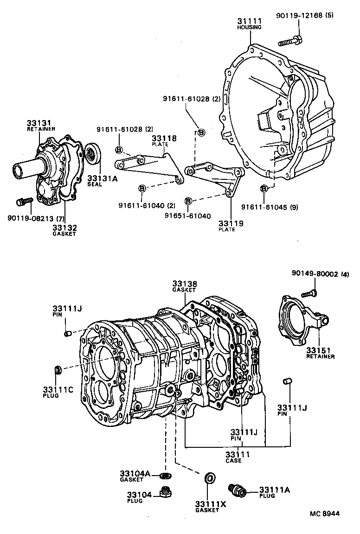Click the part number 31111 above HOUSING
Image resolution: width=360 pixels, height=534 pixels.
point(250,21)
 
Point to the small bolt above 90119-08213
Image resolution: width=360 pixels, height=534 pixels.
point(22,202)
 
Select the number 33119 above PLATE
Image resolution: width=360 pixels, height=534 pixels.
point(231,223)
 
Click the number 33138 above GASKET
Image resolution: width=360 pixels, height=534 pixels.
point(185,284)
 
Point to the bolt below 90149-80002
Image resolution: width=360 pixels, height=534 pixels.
point(308,293)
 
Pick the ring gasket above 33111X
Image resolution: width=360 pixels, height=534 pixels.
point(210,478)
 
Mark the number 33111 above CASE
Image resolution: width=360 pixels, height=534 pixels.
point(237,454)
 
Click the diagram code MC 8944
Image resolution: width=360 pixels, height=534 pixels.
point(325,514)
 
